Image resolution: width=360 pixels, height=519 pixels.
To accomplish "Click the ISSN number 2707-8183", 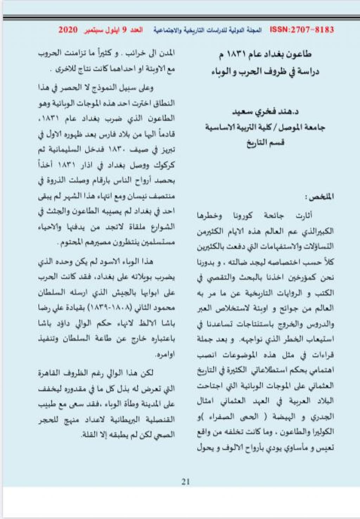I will [x=302, y=30].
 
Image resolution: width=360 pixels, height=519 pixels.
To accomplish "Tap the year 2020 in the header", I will [x=68, y=30].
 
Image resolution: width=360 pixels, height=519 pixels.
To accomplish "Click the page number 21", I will [x=186, y=481].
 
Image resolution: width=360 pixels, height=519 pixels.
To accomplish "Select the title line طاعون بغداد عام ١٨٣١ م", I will [x=265, y=54].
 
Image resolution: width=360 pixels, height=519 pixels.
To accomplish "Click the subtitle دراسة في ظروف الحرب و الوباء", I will [x=265, y=72].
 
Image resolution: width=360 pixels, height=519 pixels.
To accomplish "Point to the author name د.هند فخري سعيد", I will [x=265, y=112].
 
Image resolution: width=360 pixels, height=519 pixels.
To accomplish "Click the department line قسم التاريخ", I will [x=265, y=142].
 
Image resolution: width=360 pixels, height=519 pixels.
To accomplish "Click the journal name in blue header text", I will [x=207, y=30].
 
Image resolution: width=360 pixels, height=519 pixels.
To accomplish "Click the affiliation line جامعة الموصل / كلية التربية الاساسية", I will [x=265, y=127].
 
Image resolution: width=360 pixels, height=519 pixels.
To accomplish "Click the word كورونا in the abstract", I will [x=242, y=216].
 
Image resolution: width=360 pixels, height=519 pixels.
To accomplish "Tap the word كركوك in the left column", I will [x=164, y=165].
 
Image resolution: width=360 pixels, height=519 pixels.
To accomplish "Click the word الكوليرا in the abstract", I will [x=321, y=432].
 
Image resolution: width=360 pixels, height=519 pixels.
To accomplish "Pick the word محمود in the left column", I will [x=164, y=308].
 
